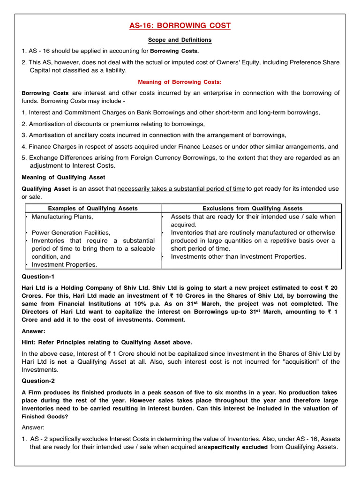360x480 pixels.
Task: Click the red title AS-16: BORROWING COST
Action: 180,26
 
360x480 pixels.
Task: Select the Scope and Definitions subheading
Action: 180,40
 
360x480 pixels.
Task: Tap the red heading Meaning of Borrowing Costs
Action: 180,82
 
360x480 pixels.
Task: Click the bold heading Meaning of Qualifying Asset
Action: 64,177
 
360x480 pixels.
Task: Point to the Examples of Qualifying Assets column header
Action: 93,208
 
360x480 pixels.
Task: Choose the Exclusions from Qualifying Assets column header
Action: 252,208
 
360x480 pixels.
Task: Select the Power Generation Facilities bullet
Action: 71,232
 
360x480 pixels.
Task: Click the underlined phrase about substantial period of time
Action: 181,189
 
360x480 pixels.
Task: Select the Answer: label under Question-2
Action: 33,427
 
